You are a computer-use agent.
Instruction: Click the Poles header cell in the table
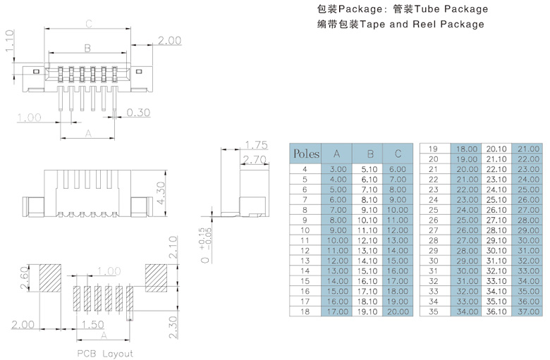click(306, 154)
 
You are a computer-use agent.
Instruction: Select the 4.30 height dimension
click(161, 192)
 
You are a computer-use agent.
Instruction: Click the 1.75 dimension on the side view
click(257, 145)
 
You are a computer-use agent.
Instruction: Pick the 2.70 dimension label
click(254, 161)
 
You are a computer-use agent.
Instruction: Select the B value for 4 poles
click(369, 169)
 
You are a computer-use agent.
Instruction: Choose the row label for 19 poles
click(434, 149)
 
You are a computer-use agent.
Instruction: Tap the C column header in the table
click(398, 154)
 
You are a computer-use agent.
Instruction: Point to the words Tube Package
click(451, 9)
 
